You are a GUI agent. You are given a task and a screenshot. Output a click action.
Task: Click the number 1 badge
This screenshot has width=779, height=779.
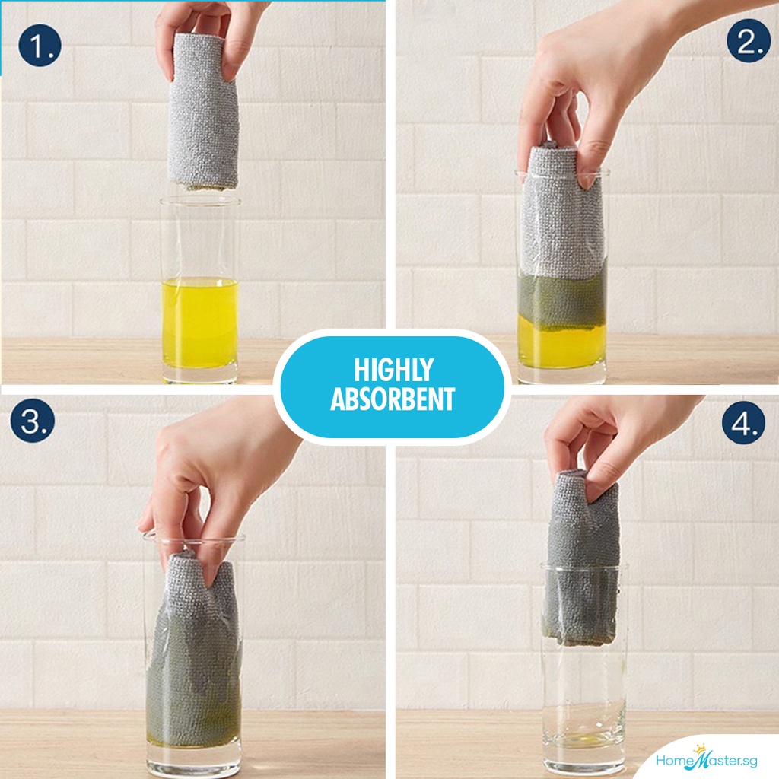pos(40,46)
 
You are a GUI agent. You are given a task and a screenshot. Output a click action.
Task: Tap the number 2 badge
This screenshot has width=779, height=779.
pos(749,41)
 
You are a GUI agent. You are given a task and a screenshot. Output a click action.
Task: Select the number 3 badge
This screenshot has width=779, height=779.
pos(32,420)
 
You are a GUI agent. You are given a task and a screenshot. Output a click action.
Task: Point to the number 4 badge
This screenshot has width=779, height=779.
pos(743,422)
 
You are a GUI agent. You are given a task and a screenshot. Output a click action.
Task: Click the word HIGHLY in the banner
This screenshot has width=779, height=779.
pos(393,370)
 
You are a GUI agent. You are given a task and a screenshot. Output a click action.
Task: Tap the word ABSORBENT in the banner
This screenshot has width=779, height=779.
pos(393,399)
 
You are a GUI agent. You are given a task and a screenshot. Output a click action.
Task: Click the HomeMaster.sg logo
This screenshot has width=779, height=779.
pos(707,758)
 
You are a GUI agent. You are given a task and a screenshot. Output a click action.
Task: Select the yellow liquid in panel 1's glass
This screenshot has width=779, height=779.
pos(200,323)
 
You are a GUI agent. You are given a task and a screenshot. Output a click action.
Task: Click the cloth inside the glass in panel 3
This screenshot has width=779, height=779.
pos(195,651)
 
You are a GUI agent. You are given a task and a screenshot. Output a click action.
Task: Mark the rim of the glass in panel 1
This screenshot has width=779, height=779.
pos(200,201)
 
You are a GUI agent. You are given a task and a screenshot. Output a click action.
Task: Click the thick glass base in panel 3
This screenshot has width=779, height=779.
pos(194,761)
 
